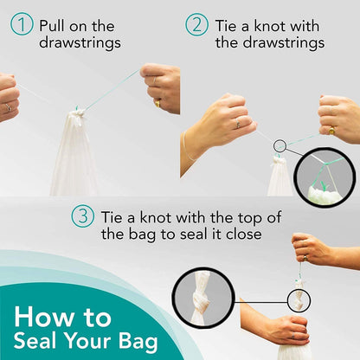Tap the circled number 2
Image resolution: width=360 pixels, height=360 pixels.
point(197,25)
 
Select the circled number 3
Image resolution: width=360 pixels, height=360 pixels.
point(83,216)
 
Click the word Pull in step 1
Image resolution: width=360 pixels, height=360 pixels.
point(55,25)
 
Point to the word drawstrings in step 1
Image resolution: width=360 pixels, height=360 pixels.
point(80,42)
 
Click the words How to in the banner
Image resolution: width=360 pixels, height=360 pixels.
point(62,316)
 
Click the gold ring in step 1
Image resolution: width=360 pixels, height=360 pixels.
point(157,101)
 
